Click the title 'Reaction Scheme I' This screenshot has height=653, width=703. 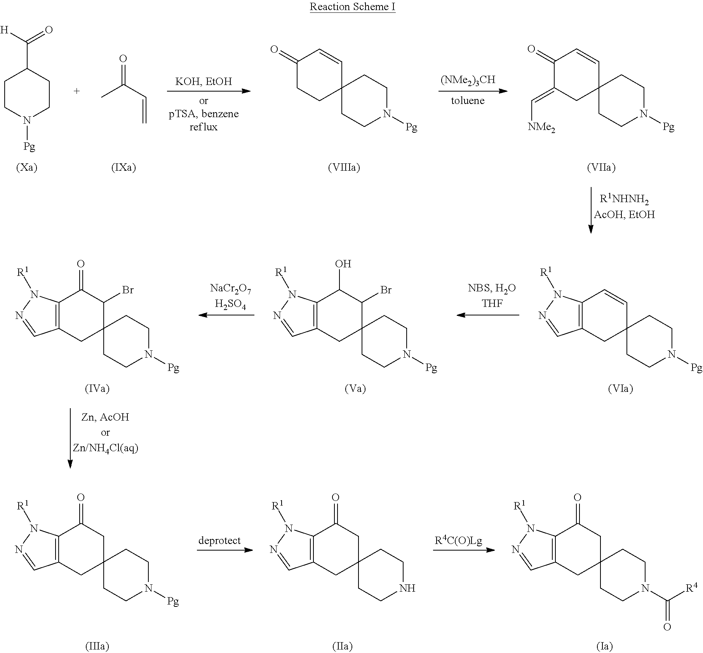pos(352,7)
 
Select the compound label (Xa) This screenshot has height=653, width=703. pos(27,168)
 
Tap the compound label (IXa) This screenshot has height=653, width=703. pos(124,168)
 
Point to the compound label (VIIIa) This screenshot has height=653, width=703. pos(344,168)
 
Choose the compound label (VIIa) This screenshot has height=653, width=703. pos(601,168)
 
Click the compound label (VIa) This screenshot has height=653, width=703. pos(620,388)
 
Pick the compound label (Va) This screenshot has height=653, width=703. pos(355,388)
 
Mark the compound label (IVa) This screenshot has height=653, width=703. pos(97,388)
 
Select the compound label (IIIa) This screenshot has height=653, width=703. pos(97,646)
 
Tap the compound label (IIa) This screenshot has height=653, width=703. pos(342,646)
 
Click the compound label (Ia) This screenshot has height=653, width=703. pos(604,646)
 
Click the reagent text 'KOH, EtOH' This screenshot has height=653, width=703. pos(204,81)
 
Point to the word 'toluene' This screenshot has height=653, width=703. pos(468,101)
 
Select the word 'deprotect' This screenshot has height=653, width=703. pos(219,540)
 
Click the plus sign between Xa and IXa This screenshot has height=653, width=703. pos(77,92)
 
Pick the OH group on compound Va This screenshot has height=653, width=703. pos(343,264)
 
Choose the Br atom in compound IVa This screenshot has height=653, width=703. pos(128,290)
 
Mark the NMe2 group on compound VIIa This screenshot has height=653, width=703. pos(541,127)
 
